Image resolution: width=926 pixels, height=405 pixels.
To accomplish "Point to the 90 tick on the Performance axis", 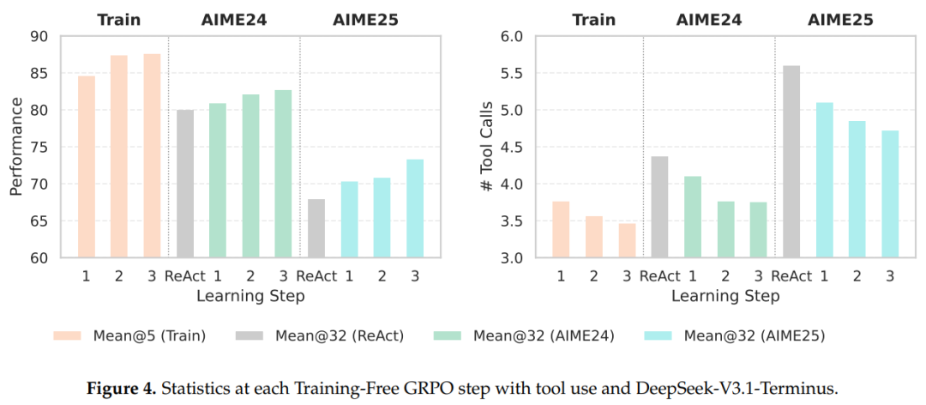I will (41, 36).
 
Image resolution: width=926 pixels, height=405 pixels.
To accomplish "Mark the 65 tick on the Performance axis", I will (41, 221).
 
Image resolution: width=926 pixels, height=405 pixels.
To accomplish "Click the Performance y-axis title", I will (15, 147).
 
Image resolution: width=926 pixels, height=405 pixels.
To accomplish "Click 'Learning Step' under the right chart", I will (725, 297).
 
